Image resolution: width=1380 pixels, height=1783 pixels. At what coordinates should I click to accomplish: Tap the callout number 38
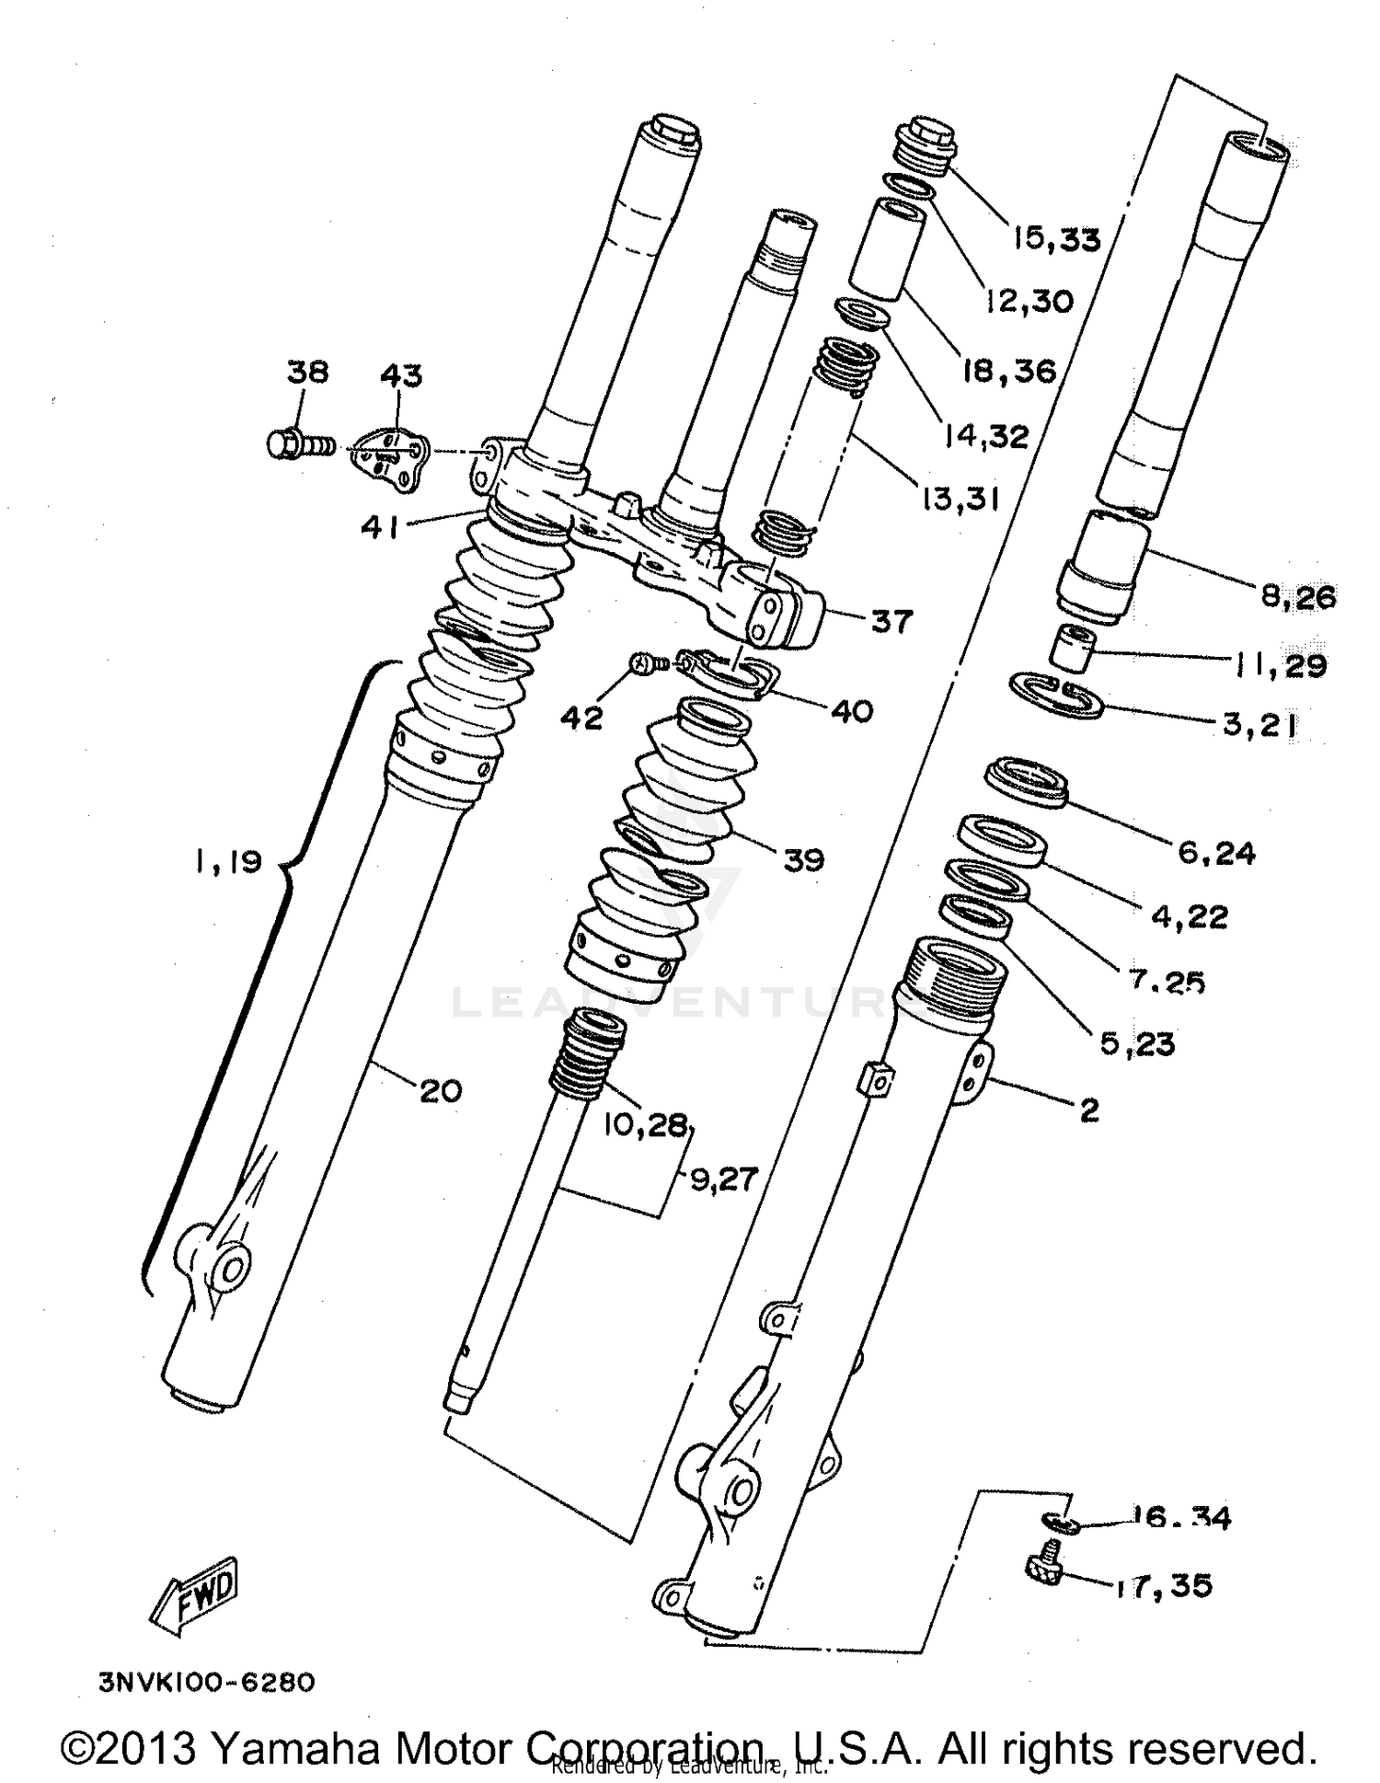click(307, 373)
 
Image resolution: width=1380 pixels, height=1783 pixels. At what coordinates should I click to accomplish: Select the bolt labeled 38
click(297, 446)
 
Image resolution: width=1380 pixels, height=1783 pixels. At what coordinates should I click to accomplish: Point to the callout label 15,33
click(1057, 240)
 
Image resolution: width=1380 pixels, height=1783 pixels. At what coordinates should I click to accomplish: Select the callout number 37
click(891, 622)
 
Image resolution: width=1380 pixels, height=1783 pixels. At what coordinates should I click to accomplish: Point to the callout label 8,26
click(1297, 597)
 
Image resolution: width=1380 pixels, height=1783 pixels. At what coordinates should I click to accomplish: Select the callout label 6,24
click(1216, 854)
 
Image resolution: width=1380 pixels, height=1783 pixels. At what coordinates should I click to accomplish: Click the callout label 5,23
click(1137, 1044)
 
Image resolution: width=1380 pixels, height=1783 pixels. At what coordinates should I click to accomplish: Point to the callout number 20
click(440, 1092)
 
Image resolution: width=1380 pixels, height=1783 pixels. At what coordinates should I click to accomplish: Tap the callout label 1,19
click(228, 862)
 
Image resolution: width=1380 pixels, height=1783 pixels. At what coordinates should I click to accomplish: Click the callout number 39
click(803, 860)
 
